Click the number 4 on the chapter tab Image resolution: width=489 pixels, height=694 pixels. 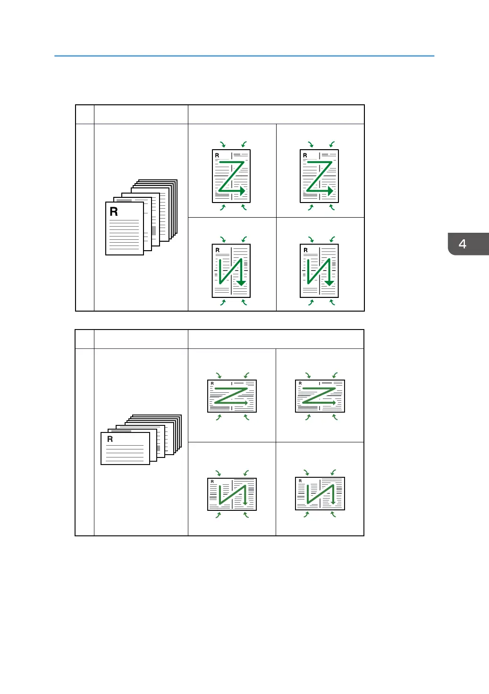click(463, 244)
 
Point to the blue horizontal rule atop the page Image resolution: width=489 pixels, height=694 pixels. click(244, 56)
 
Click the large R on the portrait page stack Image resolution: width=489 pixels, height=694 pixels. click(114, 212)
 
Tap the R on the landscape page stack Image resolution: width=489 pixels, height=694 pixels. click(110, 439)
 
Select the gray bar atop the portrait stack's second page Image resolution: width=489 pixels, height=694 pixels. click(124, 201)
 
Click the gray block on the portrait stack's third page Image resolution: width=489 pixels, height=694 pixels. click(154, 230)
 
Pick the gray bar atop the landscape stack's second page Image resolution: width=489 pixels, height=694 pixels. click(121, 431)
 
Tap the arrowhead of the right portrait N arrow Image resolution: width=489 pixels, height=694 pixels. click(329, 283)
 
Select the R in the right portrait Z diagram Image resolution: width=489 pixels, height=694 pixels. click(305, 155)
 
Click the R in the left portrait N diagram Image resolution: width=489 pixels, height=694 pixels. click(218, 250)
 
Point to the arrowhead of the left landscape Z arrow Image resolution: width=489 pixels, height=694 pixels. click(246, 403)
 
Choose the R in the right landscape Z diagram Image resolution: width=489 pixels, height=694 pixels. click(300, 383)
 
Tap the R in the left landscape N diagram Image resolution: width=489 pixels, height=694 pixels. click(212, 482)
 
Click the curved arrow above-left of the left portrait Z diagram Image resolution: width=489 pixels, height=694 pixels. click(223, 144)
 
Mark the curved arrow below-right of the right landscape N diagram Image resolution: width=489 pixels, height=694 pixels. click(333, 515)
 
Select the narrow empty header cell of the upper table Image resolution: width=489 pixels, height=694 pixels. click(85, 114)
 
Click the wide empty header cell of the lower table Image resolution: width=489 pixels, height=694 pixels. click(276, 339)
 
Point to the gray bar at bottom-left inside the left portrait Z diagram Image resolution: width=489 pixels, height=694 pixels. click(222, 195)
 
